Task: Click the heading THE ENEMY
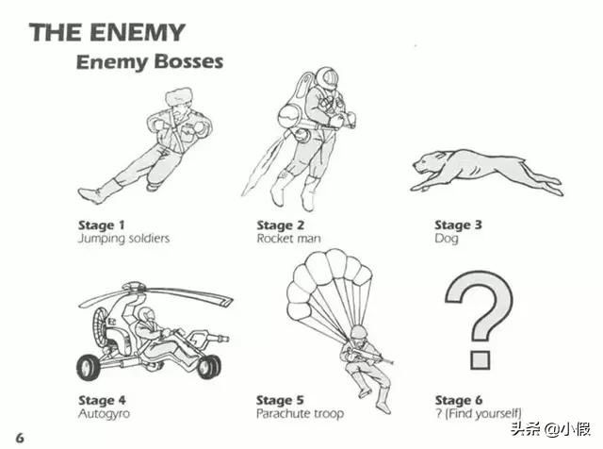point(106,32)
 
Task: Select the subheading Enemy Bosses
point(150,61)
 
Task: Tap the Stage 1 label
point(102,224)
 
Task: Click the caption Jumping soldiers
point(123,239)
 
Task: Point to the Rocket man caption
point(289,239)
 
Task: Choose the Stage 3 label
point(458,224)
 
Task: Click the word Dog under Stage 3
point(447,239)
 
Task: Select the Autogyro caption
point(105,414)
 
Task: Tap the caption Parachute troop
point(300,414)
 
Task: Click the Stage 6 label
point(459,401)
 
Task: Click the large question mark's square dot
point(480,359)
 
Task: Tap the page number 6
point(20,438)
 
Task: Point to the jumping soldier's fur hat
point(178,96)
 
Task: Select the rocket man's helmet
point(327,78)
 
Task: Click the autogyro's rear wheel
point(88,368)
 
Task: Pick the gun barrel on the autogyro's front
point(217,340)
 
